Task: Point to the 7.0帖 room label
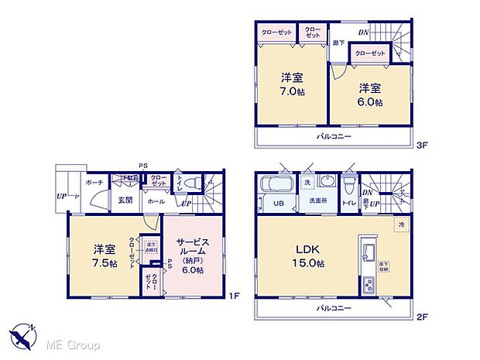pyautogui.click(x=291, y=84)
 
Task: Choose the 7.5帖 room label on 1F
pyautogui.click(x=105, y=257)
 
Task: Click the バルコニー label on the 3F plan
pyautogui.click(x=334, y=136)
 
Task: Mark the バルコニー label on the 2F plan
pyautogui.click(x=334, y=307)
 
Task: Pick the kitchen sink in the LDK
pyautogui.click(x=369, y=252)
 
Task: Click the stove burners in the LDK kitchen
pyautogui.click(x=368, y=286)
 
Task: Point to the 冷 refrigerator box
pyautogui.click(x=401, y=225)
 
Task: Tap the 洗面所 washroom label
pyautogui.click(x=319, y=201)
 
